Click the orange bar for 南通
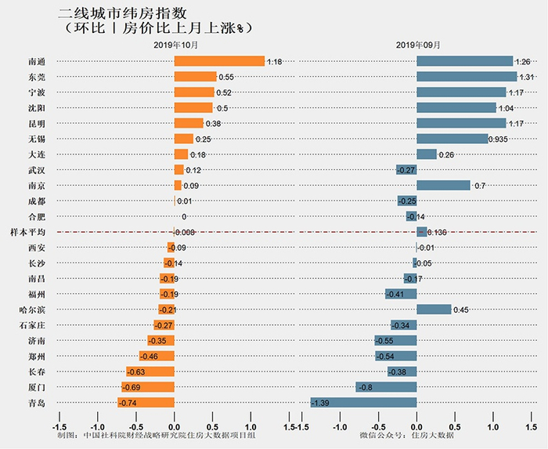219,61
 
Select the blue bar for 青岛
363,402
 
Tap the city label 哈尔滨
36,310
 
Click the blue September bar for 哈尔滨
434,310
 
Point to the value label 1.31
526,77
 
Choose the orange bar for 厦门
147,386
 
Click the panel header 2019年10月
175,45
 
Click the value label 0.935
501,139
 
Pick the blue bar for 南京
443,185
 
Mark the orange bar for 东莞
195,77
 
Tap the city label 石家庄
36,324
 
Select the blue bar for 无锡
452,139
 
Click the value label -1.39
323,402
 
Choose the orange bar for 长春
150,371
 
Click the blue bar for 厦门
386,386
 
